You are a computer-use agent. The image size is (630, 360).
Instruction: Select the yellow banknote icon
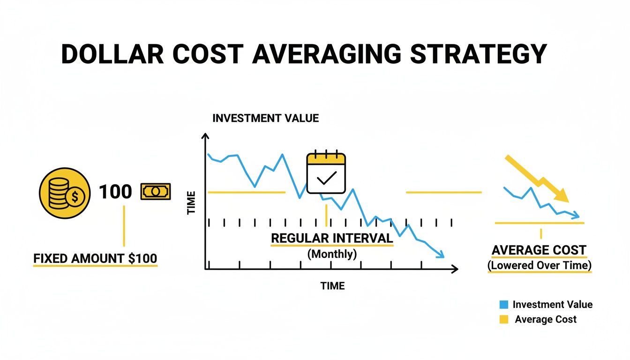156,192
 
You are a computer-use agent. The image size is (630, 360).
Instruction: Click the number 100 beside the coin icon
115,192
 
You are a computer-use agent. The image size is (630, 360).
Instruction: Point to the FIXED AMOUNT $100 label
95,258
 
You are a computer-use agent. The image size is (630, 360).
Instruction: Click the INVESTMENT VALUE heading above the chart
265,118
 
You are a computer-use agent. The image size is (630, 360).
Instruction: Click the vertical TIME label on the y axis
191,205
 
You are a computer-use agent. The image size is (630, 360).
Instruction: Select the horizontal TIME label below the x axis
332,285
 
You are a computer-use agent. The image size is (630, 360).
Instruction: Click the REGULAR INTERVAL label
332,238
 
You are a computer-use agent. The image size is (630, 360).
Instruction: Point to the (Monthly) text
332,254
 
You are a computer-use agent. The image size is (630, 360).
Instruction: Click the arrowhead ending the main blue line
440,255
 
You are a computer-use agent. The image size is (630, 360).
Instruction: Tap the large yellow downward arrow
537,179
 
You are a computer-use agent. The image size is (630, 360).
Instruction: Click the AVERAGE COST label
539,250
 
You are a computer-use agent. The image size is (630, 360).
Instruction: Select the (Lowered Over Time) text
540,265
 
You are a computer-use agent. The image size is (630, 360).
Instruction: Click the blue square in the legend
504,305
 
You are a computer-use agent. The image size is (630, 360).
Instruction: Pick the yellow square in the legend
504,320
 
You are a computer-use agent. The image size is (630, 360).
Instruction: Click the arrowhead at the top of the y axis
205,136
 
